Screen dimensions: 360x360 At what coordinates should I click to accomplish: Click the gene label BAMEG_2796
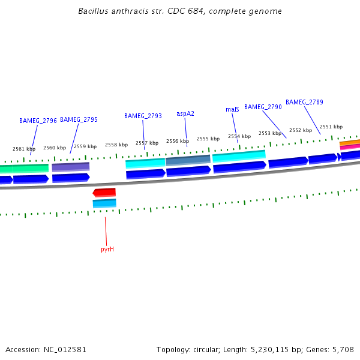pos(38,121)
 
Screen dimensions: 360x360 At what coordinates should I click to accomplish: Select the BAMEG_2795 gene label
pos(79,119)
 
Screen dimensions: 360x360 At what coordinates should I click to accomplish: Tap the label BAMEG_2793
pos(143,116)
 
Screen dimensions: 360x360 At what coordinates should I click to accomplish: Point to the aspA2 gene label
pos(185,113)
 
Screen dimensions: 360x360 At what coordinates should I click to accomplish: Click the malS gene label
pos(232,109)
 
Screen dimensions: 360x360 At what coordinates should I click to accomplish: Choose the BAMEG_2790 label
pos(263,107)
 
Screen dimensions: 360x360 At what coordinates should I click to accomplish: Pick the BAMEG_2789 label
pos(304,102)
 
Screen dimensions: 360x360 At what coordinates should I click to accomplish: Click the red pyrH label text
pos(107,249)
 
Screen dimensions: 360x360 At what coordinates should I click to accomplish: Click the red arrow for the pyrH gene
pos(104,193)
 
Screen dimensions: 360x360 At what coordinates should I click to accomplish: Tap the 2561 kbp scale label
pos(24,149)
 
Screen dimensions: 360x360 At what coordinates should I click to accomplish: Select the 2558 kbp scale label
pos(116,145)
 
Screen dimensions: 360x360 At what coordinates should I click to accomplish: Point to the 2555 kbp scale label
pos(208,139)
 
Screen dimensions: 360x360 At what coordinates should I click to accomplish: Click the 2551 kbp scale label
pos(331,127)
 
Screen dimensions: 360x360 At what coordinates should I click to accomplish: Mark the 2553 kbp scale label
pos(270,133)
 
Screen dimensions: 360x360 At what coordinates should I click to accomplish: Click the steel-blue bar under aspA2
pos(188,160)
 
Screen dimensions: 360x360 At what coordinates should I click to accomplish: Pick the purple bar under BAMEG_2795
pos(71,166)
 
